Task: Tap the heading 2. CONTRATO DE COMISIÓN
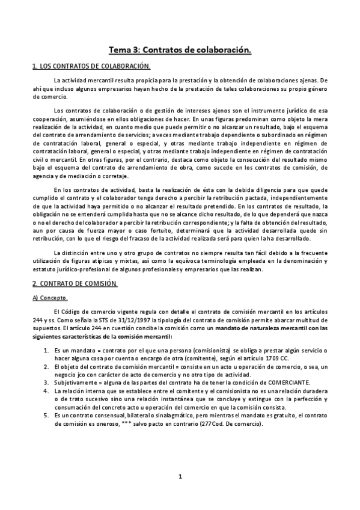[x=75, y=284]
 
